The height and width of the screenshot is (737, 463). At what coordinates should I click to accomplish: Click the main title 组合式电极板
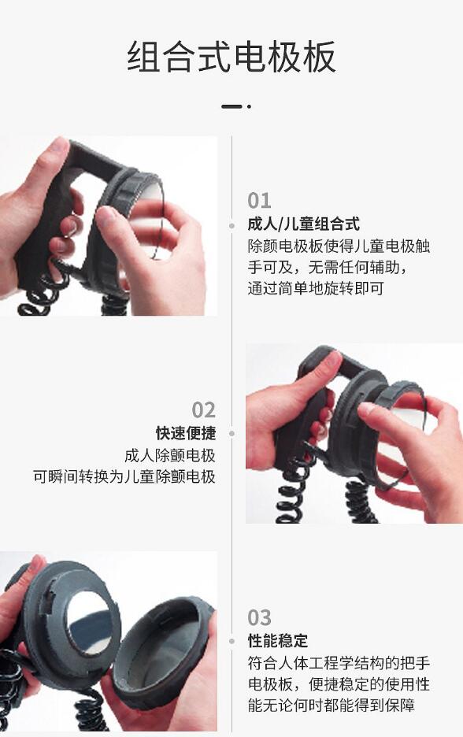(x=231, y=57)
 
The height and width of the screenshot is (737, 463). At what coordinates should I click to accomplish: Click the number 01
(x=259, y=200)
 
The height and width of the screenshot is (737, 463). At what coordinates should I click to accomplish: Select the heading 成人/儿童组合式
(x=303, y=224)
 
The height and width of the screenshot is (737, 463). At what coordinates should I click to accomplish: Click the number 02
(x=203, y=409)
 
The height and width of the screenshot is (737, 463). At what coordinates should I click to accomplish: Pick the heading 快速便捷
(x=185, y=433)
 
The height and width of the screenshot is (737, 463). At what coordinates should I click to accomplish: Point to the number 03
(x=259, y=617)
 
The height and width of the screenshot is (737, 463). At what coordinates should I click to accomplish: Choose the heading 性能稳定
(x=278, y=641)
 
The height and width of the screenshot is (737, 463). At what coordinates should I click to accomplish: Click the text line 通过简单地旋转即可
(x=316, y=288)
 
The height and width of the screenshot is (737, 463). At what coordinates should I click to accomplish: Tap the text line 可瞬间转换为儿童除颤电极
(x=124, y=476)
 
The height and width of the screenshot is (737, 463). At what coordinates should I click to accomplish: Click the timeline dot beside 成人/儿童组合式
(x=231, y=225)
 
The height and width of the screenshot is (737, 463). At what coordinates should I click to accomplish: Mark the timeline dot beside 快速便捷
(x=231, y=433)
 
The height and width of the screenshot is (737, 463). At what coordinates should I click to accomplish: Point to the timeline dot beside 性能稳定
(x=231, y=642)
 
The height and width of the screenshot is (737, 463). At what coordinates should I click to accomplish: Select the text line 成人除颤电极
(x=169, y=455)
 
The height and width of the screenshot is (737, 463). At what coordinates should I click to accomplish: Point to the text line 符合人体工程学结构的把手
(x=339, y=662)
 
